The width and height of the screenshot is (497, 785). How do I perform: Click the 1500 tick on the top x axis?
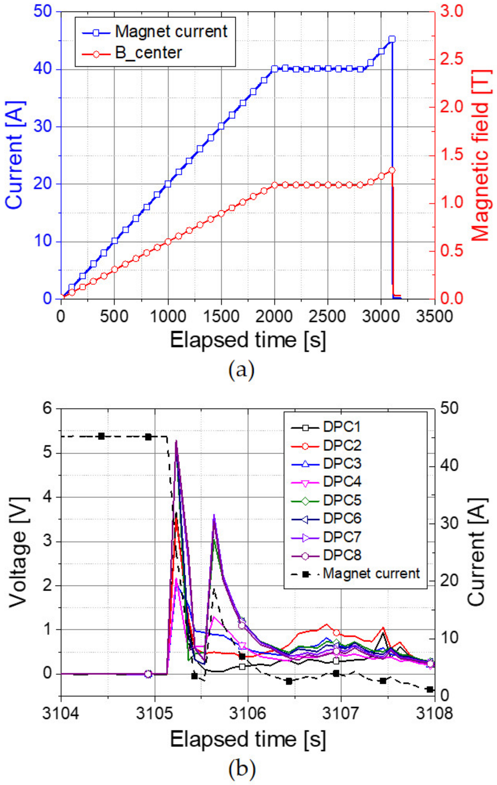coord(221,316)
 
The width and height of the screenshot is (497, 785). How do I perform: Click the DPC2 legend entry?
coord(342,445)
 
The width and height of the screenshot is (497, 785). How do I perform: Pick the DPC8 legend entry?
coord(342,555)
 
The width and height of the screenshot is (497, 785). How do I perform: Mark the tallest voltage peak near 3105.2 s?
coord(176,441)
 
